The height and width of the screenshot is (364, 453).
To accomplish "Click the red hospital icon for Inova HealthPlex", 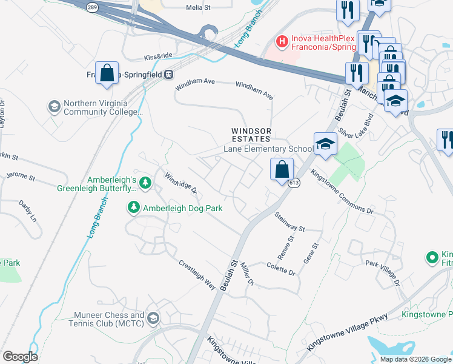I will coord(282,41).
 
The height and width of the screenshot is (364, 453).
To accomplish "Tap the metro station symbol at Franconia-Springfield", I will coord(170,75).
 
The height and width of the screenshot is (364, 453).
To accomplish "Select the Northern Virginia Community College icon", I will coord(54,107).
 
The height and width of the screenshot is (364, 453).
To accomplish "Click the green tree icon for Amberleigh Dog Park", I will coord(134,208).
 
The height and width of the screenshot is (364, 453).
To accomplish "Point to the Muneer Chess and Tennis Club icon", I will coord(153,318).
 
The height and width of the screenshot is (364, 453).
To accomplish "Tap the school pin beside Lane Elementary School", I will coord(325,144).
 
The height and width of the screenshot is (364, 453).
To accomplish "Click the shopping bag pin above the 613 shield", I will coord(282,169).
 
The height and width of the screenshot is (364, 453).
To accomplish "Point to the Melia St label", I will coord(198,7).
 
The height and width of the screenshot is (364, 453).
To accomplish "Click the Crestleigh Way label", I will coord(197,274).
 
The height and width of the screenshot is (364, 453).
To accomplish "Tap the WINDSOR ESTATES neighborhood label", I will coord(251,135).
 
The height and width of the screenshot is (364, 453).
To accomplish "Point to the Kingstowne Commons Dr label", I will coord(342,191).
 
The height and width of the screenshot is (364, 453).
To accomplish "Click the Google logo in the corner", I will coord(21,356).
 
